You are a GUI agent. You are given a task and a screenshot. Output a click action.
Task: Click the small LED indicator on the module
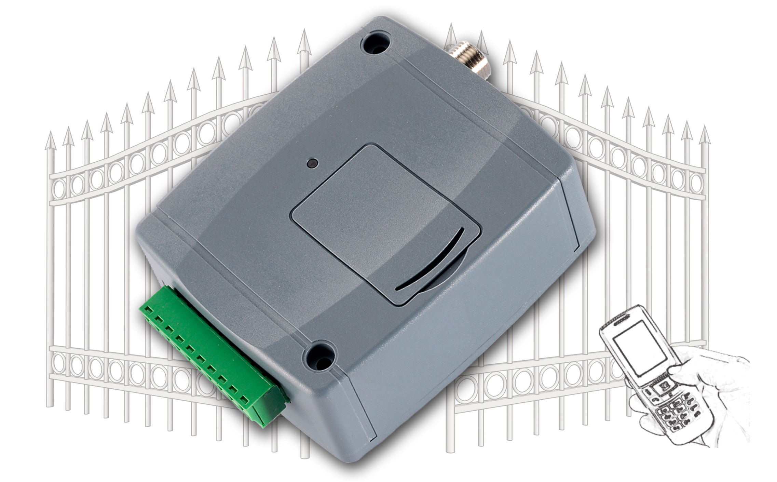click(311, 164)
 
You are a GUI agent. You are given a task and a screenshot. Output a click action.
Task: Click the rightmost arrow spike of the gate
click(704, 135)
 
